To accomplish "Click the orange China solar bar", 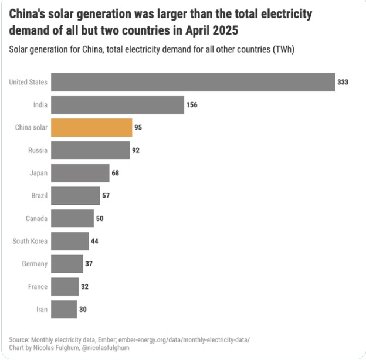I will pos(91,127).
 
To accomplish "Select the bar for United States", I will pos(193,82).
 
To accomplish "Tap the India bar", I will pos(118,105).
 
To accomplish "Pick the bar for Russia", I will pos(90,150).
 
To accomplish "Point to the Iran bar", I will pos(64,309).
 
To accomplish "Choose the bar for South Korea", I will pos(70,241).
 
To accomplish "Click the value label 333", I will pos(343,82).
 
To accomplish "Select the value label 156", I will pos(192,105).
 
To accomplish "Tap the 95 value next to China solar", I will pos(138,127).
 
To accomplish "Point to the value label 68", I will pos(117,173).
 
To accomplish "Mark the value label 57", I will pos(106,195).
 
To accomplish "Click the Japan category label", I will pos(38,173).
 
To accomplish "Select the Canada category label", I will pos(36,218).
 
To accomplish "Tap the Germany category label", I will pos(35,264).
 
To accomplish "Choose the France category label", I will pos(38,286).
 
